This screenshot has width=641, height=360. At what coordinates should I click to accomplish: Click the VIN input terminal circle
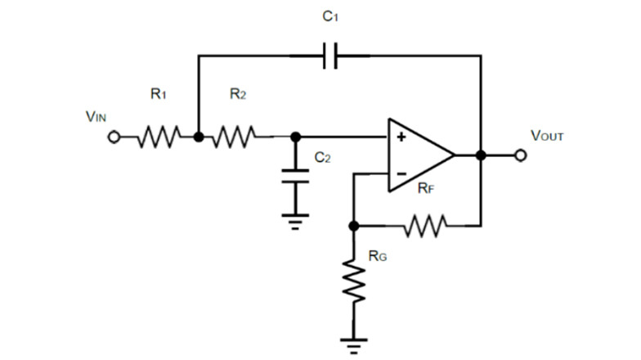click(x=115, y=137)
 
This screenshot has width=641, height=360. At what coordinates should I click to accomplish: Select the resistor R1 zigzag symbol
click(x=158, y=137)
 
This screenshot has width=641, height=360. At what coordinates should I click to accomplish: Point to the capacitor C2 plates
click(x=295, y=176)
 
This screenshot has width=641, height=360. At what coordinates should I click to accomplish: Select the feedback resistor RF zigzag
click(x=424, y=225)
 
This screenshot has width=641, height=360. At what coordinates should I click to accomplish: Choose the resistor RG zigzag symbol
click(x=353, y=281)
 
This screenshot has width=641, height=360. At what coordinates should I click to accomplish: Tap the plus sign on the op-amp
click(x=401, y=137)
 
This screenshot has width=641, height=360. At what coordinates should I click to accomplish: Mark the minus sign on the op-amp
click(x=401, y=173)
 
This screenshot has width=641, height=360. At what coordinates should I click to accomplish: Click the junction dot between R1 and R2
click(x=198, y=137)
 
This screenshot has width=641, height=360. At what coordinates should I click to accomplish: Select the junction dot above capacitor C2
click(x=295, y=137)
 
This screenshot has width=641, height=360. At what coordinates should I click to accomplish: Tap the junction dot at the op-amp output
click(x=481, y=155)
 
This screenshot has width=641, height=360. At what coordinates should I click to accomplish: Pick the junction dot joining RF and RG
click(x=353, y=225)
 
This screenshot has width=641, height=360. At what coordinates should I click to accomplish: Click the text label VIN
click(x=96, y=116)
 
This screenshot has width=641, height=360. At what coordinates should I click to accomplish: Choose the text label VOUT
click(x=547, y=135)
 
